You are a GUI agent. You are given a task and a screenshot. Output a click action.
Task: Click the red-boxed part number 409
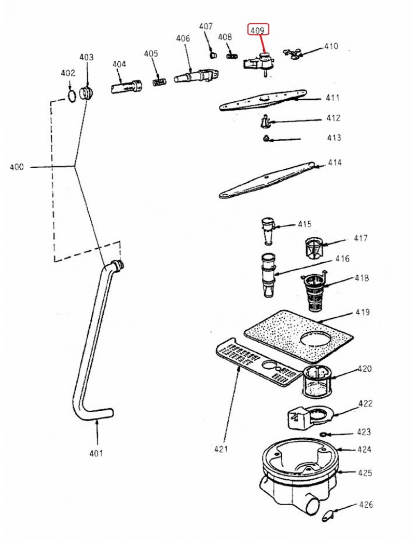tap(258, 31)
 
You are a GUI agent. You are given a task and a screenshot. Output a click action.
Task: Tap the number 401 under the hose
tap(96, 453)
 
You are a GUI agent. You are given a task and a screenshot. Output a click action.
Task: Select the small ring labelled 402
tap(72, 95)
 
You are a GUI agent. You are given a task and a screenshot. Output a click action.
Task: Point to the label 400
tap(17, 167)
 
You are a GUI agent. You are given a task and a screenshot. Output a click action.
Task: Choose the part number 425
tap(365, 473)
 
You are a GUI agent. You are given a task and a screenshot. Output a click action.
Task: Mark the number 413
tap(334, 138)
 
